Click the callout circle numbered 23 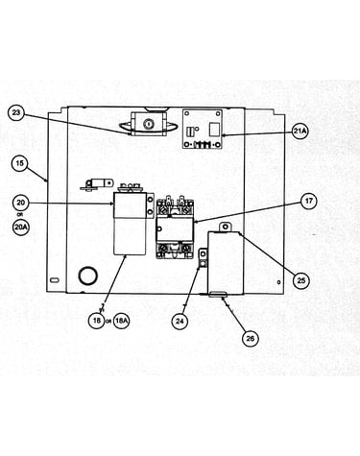click(x=17, y=113)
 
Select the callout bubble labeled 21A click(x=300, y=131)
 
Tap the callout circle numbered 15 click(x=20, y=163)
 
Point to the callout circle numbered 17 click(x=308, y=202)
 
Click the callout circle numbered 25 click(x=301, y=280)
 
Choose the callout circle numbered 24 click(x=180, y=321)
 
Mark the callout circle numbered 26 click(x=251, y=338)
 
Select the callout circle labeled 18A click(x=122, y=320)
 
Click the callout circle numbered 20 click(x=21, y=203)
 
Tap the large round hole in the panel click(x=87, y=276)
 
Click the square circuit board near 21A click(x=203, y=129)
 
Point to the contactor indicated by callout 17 click(x=175, y=228)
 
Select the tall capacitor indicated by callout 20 click(x=131, y=223)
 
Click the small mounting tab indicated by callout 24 click(x=204, y=258)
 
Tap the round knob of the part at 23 click(x=148, y=123)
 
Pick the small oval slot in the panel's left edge click(x=55, y=280)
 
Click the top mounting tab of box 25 click(x=226, y=227)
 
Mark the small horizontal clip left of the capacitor click(x=97, y=185)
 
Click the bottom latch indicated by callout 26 click(x=218, y=295)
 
